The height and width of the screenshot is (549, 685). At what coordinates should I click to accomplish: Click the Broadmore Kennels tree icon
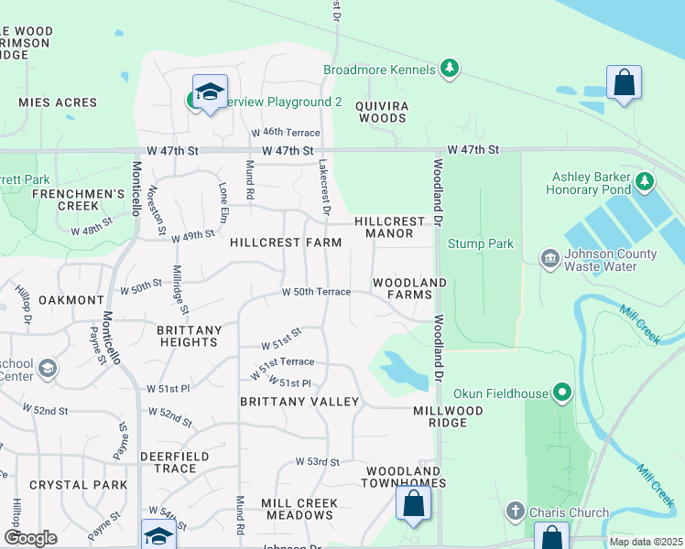coord(449,69)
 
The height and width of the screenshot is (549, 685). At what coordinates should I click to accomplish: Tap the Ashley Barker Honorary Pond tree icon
coord(645,182)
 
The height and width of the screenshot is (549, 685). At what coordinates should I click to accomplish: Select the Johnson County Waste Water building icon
coord(549,260)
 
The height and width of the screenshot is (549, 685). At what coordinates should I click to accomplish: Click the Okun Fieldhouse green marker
coord(562,393)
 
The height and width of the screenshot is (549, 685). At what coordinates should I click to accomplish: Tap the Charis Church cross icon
coord(516,511)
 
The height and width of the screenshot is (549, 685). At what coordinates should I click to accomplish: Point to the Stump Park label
coord(480,244)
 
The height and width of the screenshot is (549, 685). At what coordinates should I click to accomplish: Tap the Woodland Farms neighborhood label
coord(408,288)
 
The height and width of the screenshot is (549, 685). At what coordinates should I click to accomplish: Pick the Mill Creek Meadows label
coord(299,509)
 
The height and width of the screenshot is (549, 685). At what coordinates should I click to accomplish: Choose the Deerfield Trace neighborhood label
coord(174,462)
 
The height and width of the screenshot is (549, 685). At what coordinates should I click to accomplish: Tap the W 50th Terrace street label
coord(316,292)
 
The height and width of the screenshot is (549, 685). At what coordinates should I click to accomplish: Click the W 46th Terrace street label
coord(291,133)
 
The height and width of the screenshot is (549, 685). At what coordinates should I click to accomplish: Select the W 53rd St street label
coord(317,462)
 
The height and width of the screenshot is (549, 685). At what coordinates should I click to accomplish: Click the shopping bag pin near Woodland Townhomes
coord(413,503)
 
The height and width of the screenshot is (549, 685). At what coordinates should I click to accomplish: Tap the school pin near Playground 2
coord(211,91)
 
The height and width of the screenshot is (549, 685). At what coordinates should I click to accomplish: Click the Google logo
coord(30,537)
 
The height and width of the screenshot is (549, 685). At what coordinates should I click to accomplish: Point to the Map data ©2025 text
coord(644,542)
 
